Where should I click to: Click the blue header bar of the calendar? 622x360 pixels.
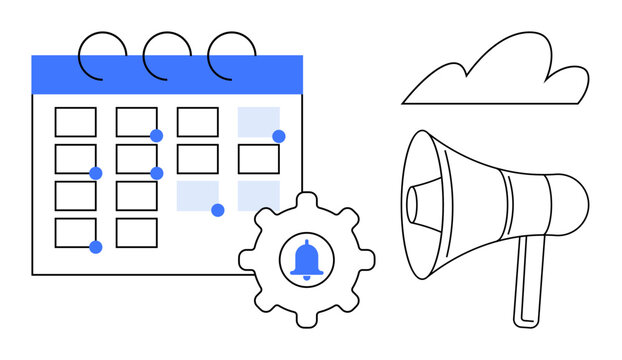tap(167, 75)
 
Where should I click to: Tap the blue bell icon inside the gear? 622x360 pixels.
tap(306, 258)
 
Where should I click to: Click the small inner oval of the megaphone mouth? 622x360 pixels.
tap(413, 203)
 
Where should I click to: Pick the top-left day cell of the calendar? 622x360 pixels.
tap(75, 122)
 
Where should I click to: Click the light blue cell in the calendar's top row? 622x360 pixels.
tap(258, 122)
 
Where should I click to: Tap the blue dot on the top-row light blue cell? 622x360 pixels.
tap(279, 136)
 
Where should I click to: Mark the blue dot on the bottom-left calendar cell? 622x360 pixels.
tap(96, 247)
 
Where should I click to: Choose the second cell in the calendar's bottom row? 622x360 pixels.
tap(136, 233)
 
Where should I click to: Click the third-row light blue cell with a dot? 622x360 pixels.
tap(197, 196)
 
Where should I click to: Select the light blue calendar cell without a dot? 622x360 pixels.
tap(258, 196)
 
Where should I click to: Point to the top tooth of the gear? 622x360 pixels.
tap(306, 202)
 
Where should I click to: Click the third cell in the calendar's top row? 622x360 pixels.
tap(197, 122)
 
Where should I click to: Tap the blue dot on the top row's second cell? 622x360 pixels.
tap(157, 136)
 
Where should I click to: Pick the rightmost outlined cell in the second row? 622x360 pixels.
tap(258, 159)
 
